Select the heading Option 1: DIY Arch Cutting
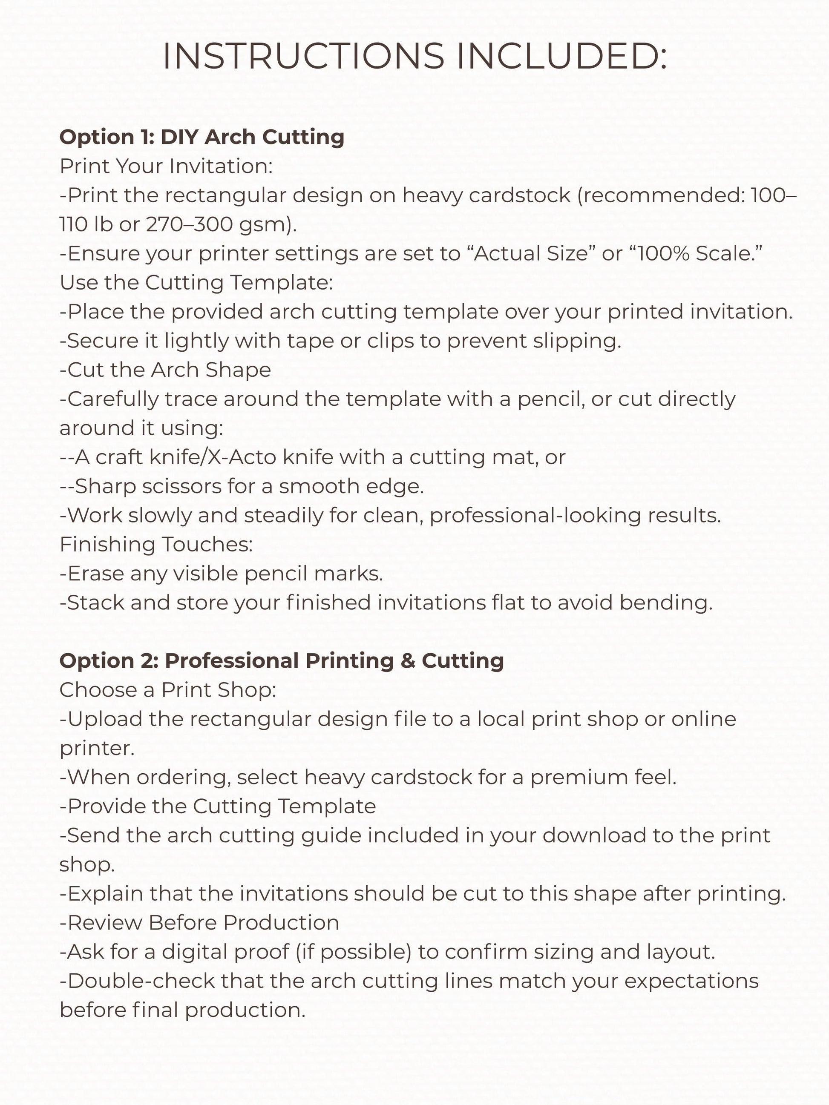click(202, 137)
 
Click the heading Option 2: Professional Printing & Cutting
click(281, 660)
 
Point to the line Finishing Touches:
click(156, 544)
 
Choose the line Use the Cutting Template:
click(196, 282)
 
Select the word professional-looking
click(535, 515)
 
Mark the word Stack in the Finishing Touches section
click(95, 603)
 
